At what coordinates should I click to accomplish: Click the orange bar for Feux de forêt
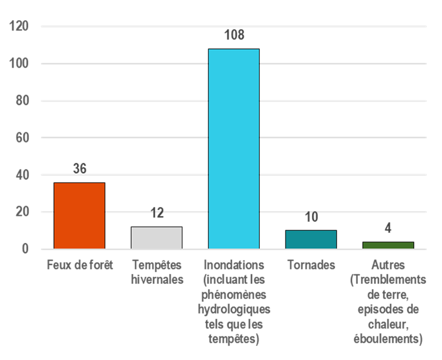click(79, 215)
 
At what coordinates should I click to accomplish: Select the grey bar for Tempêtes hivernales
click(156, 238)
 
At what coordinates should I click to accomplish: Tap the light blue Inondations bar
click(234, 149)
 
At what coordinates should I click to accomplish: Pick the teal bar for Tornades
click(311, 239)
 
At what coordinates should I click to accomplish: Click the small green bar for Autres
click(388, 245)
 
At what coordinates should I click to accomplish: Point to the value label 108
click(234, 35)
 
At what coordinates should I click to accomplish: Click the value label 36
click(79, 169)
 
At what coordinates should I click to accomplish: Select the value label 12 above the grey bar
click(156, 213)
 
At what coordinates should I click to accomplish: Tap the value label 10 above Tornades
click(311, 217)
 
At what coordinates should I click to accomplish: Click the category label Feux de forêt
click(79, 264)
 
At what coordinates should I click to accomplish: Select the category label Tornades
click(311, 264)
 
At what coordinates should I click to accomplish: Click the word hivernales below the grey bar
click(157, 279)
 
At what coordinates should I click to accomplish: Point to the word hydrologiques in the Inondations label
click(234, 309)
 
